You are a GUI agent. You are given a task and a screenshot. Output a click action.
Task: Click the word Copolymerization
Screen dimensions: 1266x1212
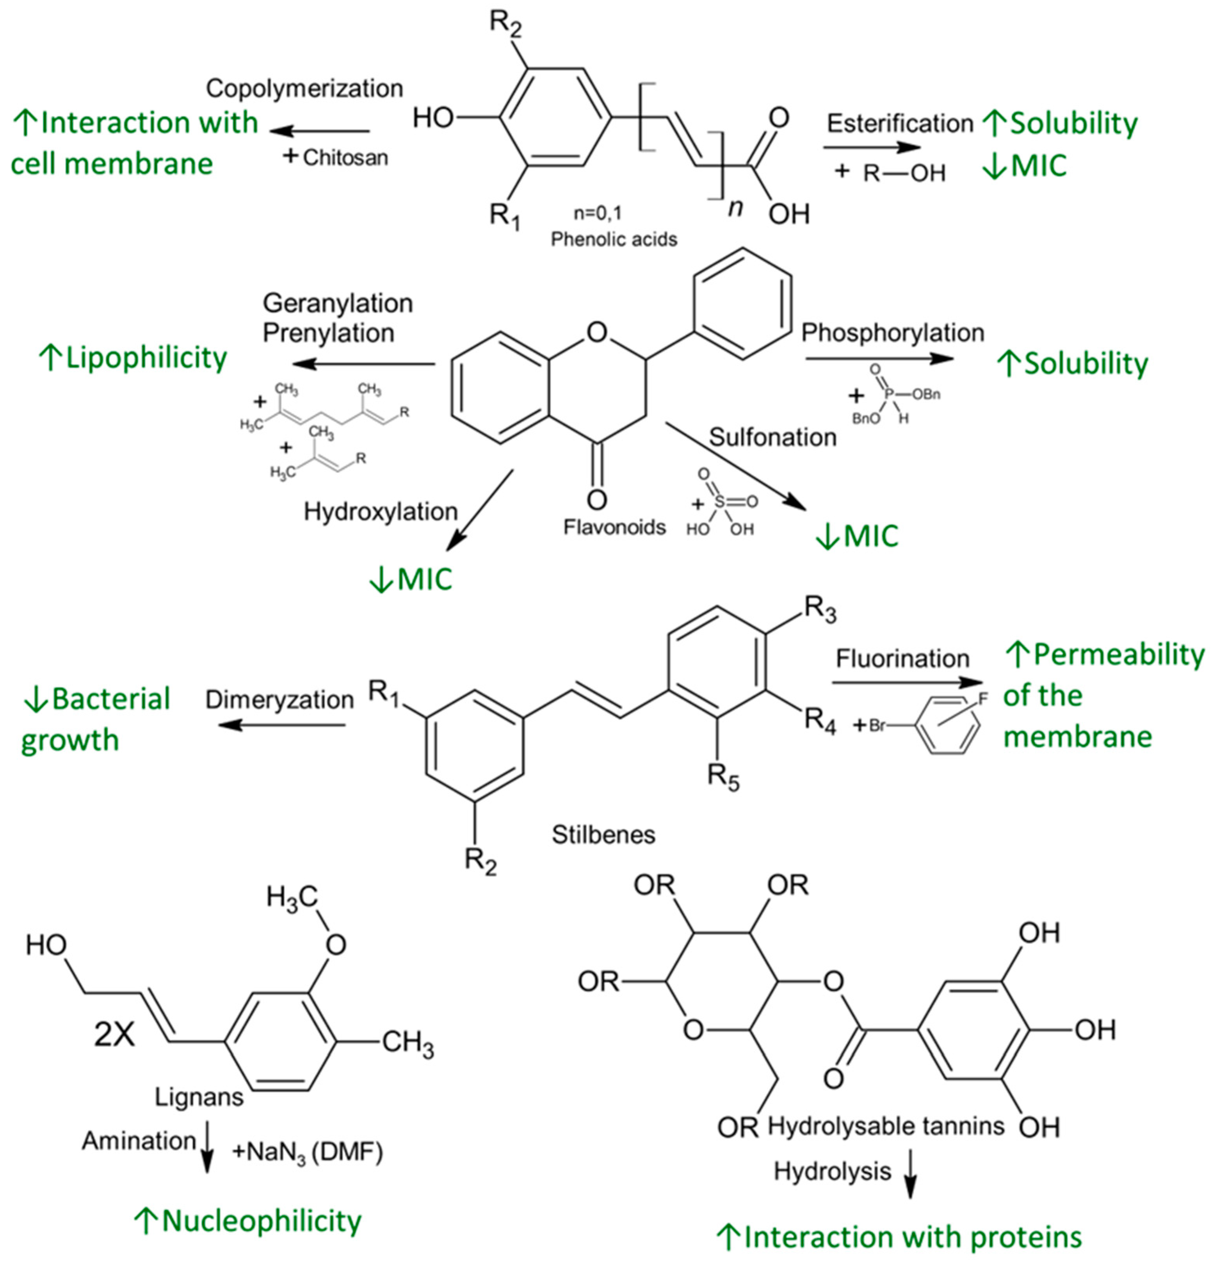click(304, 89)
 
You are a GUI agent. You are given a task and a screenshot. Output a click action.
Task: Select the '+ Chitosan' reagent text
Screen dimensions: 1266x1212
click(336, 157)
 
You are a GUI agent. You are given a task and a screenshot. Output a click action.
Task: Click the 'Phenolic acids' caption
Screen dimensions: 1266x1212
click(614, 240)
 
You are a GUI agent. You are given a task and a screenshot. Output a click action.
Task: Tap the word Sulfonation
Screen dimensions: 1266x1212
click(772, 437)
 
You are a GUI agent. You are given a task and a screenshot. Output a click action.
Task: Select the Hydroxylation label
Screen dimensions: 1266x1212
click(380, 511)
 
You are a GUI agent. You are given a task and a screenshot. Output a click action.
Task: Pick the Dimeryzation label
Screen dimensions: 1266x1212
click(279, 700)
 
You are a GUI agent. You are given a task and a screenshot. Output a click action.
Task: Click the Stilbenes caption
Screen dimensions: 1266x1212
click(603, 835)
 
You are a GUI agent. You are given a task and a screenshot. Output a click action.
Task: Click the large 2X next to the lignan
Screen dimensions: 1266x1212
click(114, 1035)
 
